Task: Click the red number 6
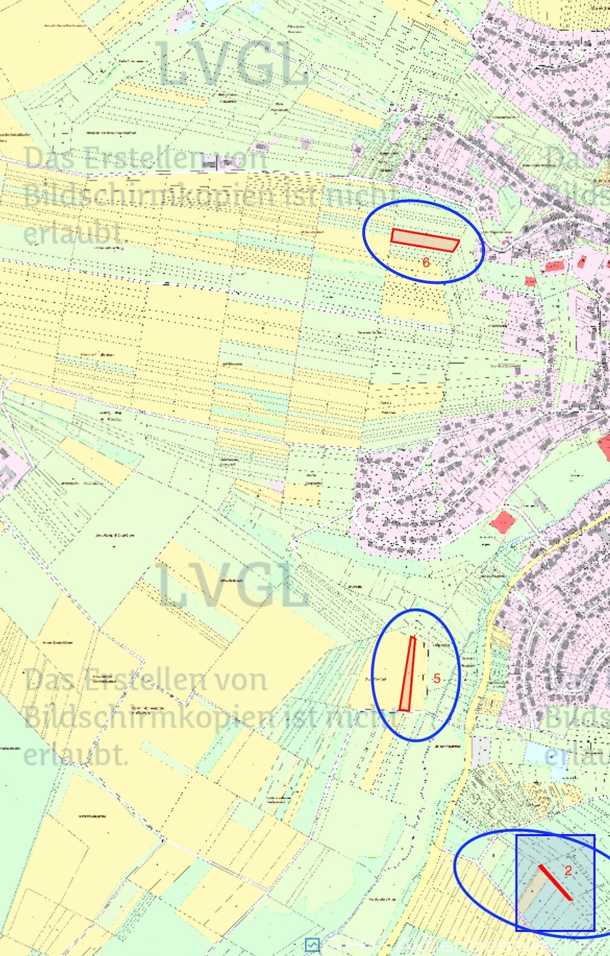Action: point(426,262)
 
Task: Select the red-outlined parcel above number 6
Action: point(424,240)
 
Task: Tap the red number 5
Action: point(437,679)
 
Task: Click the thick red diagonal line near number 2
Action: point(555,882)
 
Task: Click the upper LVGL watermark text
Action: point(233,64)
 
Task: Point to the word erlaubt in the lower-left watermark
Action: point(76,755)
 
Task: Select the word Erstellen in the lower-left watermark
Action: point(146,680)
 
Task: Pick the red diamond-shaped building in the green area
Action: point(502,522)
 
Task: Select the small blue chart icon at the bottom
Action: point(312,944)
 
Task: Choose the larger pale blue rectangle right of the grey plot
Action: point(536,752)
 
